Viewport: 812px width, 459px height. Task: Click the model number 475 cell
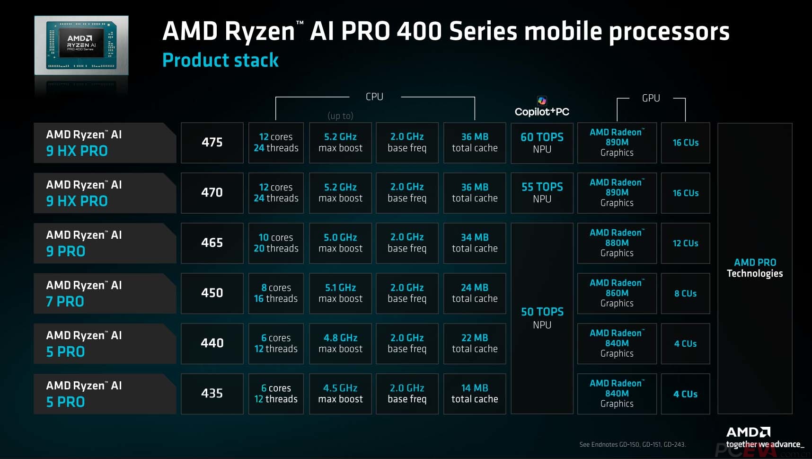212,143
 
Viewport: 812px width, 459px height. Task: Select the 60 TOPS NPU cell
542,143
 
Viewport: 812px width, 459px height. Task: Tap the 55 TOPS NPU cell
542,193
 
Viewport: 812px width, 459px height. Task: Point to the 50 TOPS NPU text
542,317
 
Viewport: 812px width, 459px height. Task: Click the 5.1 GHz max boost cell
340,293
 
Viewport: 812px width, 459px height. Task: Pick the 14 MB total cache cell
475,394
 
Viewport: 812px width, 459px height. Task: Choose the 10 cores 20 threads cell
276,243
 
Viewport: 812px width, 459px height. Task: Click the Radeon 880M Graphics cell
617,243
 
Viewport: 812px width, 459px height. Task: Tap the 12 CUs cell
685,243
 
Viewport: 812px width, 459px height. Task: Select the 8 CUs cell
685,293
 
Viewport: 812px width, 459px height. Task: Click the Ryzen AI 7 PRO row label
104,293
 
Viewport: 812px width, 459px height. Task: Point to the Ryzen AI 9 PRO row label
104,243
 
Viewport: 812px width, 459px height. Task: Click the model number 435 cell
212,394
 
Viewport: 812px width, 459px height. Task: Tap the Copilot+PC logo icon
542,100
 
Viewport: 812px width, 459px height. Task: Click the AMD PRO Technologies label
755,268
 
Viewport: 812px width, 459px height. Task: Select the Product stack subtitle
221,61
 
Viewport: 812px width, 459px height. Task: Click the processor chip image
81,45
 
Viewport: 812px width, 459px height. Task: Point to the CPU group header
374,97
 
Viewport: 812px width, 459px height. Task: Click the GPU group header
651,98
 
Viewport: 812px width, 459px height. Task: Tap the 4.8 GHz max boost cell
340,343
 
